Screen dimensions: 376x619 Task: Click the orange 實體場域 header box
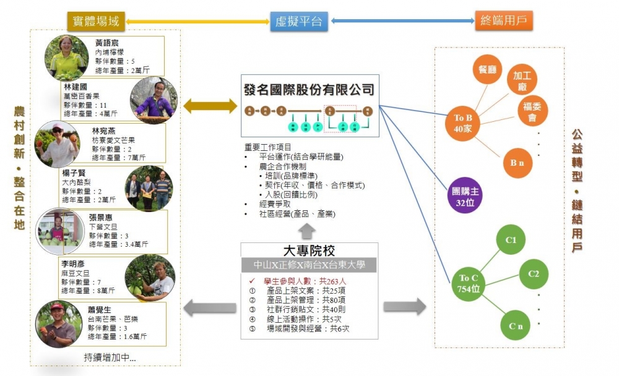[93, 21]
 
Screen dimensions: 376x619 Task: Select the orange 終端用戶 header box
[504, 21]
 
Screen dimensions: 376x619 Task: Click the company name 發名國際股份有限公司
[308, 90]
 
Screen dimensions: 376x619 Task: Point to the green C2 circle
[534, 274]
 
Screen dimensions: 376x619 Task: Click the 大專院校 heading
[308, 251]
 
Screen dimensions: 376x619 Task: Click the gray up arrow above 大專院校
[308, 231]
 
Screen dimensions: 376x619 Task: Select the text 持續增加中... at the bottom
[110, 357]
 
